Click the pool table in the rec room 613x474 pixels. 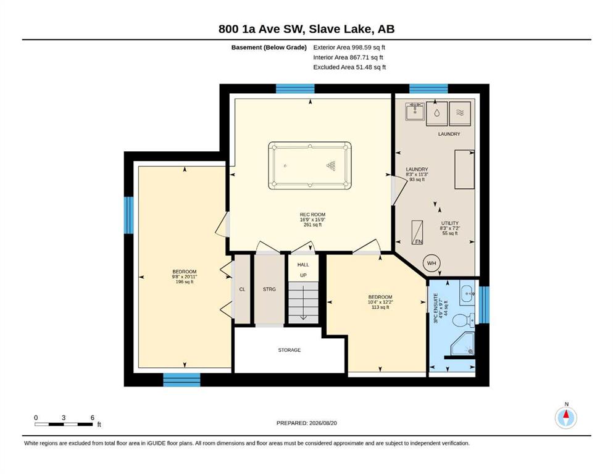pyautogui.click(x=310, y=165)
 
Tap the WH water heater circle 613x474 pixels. pyautogui.click(x=432, y=263)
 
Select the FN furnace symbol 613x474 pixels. pyautogui.click(x=417, y=233)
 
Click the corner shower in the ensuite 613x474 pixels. pyautogui.click(x=463, y=344)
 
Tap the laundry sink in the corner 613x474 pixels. pyautogui.click(x=414, y=111)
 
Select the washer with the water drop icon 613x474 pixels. pyautogui.click(x=436, y=114)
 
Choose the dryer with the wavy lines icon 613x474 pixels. pyautogui.click(x=460, y=114)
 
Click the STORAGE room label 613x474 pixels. pyautogui.click(x=290, y=350)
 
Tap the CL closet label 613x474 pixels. pyautogui.click(x=242, y=289)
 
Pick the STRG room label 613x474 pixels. pyautogui.click(x=269, y=289)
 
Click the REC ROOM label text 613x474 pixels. pyautogui.click(x=312, y=215)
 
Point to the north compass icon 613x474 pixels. pyautogui.click(x=565, y=417)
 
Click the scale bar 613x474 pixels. pyautogui.click(x=64, y=424)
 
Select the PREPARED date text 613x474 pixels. pyautogui.click(x=306, y=423)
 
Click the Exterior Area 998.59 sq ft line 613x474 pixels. pyautogui.click(x=349, y=48)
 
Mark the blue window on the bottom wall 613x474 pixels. pyautogui.click(x=181, y=380)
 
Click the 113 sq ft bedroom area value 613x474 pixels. pyautogui.click(x=380, y=307)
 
